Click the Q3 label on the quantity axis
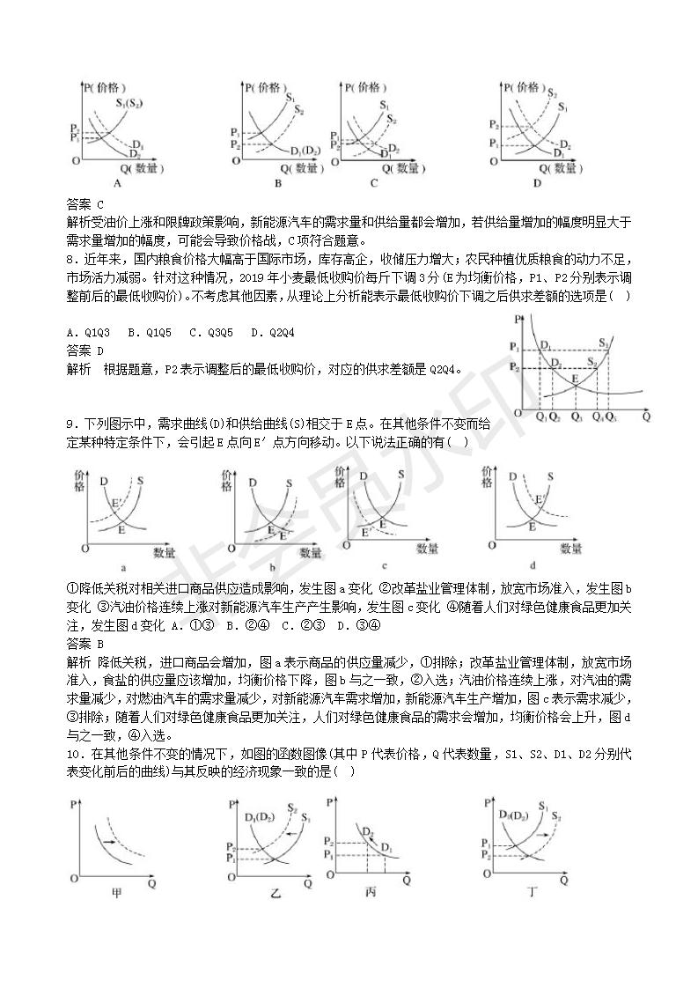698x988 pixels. (x=577, y=417)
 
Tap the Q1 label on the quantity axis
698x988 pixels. (x=540, y=417)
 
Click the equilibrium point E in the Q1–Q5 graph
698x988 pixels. (x=574, y=380)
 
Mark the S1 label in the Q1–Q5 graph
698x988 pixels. (x=604, y=343)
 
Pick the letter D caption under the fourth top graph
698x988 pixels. (x=536, y=184)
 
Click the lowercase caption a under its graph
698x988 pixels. (x=122, y=568)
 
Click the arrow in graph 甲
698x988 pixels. (x=111, y=843)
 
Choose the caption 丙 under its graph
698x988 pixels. (x=371, y=891)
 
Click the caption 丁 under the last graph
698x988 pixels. (x=532, y=892)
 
